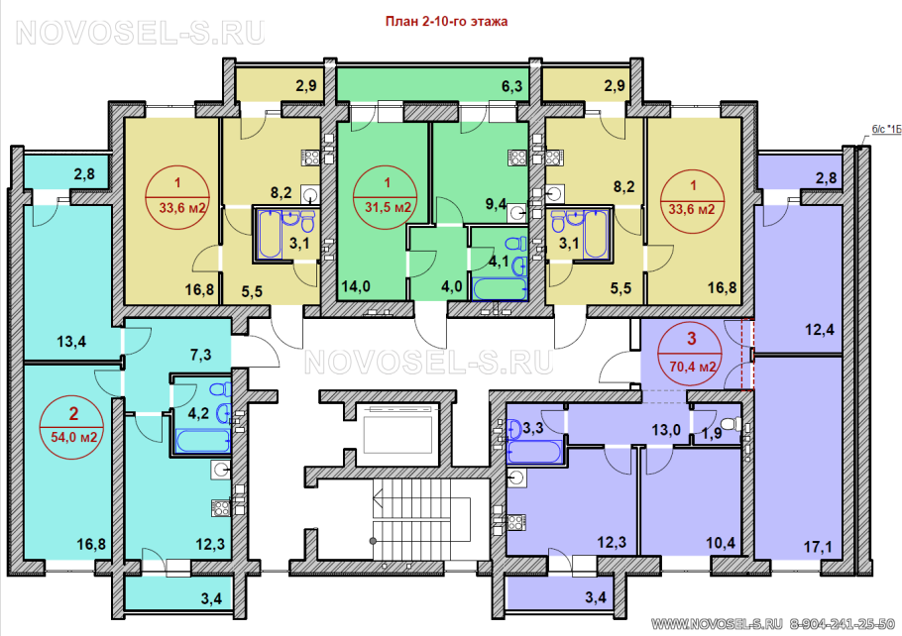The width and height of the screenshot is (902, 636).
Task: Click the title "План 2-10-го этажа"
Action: [x=446, y=22]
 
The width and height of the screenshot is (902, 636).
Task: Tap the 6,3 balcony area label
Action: [x=511, y=86]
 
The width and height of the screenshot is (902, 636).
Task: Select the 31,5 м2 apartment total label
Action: [x=388, y=207]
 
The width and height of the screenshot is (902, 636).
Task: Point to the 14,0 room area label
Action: [x=356, y=286]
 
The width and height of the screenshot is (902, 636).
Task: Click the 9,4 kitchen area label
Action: [x=496, y=203]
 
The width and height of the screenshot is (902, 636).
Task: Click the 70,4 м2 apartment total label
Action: [x=693, y=366]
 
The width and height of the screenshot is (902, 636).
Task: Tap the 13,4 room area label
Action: [x=71, y=342]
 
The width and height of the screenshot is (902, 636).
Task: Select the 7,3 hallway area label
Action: [x=200, y=356]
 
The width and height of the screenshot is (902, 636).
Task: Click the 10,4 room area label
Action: [x=721, y=542]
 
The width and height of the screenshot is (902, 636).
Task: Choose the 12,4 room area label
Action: [x=819, y=330]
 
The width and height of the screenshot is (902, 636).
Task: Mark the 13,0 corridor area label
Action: [x=666, y=430]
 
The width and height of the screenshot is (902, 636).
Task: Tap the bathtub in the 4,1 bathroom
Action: [x=500, y=289]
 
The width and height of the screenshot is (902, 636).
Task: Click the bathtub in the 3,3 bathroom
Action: [x=534, y=452]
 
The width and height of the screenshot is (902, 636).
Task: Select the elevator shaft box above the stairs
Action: [x=398, y=427]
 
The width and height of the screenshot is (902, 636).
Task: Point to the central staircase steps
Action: [x=421, y=519]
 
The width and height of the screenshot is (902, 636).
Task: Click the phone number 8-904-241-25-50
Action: [x=843, y=623]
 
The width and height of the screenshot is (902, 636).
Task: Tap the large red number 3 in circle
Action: [x=692, y=338]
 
